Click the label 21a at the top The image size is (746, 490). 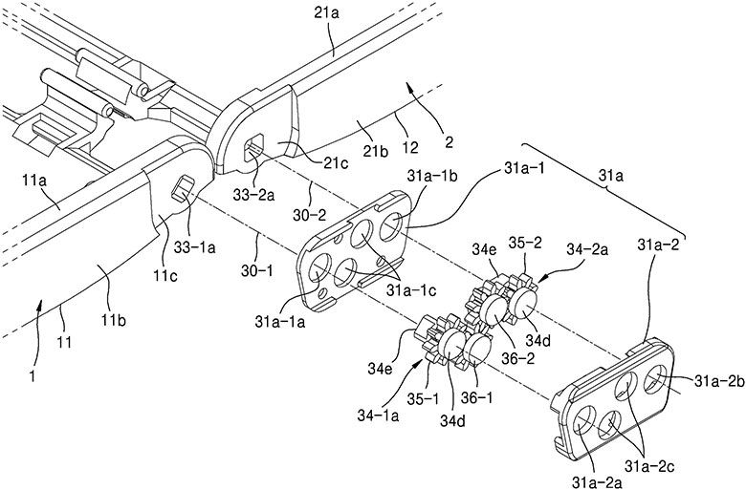pyautogui.click(x=326, y=13)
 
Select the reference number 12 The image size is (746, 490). pyautogui.click(x=410, y=148)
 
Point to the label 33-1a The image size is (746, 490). pyautogui.click(x=195, y=247)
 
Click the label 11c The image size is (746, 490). pyautogui.click(x=165, y=275)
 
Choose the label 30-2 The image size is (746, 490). pyautogui.click(x=309, y=215)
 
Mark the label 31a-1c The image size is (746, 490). pyautogui.click(x=410, y=289)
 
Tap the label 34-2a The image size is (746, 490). pyautogui.click(x=586, y=249)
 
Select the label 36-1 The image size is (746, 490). pyautogui.click(x=478, y=397)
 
